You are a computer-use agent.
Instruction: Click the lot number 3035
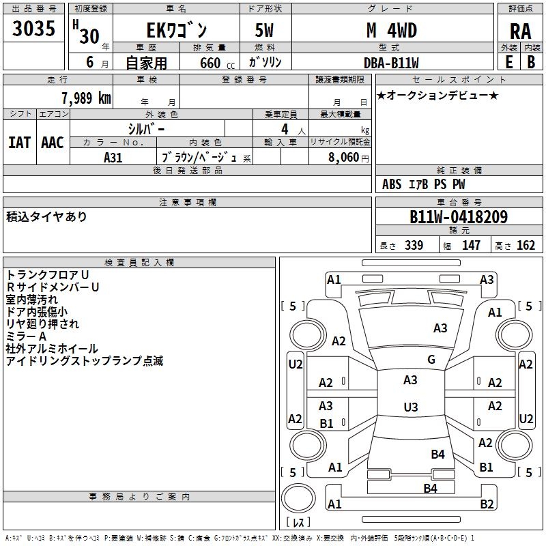click(x=33, y=29)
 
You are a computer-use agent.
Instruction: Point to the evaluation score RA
click(x=520, y=31)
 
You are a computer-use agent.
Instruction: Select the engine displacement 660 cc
click(x=208, y=63)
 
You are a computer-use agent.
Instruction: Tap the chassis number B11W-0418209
click(x=458, y=217)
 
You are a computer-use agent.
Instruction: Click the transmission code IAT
click(x=19, y=142)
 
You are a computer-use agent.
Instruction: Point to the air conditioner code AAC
click(x=53, y=142)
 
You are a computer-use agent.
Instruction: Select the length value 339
click(x=413, y=245)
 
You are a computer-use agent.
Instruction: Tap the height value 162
click(x=526, y=245)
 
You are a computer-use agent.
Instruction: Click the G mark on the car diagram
click(x=431, y=360)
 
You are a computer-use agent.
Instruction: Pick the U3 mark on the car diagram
click(x=410, y=407)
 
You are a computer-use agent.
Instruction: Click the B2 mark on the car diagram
click(x=486, y=504)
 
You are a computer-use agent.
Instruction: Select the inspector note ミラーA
click(x=27, y=336)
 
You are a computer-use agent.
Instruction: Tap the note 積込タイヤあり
click(x=46, y=216)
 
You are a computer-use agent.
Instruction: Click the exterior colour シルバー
click(x=146, y=128)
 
